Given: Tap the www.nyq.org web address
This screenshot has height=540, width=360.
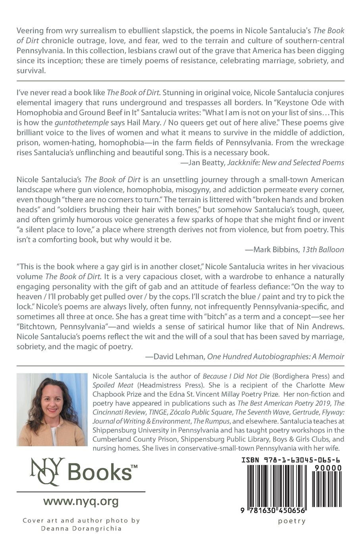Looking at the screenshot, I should [x=81, y=501].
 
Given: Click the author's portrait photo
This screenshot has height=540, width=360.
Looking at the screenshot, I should [x=52, y=409].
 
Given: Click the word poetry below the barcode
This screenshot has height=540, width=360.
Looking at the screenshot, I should [x=291, y=521].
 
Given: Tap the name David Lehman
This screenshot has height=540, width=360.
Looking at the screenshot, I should [x=178, y=357].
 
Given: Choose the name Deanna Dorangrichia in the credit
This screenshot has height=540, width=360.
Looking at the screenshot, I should [x=81, y=528].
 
